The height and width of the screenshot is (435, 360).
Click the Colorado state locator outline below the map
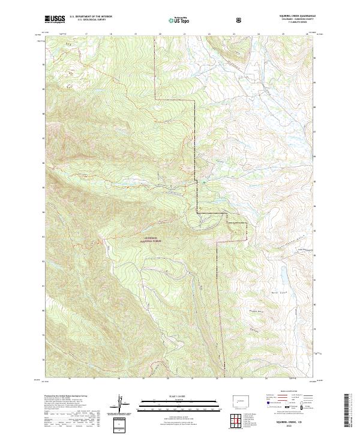point(239,398)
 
